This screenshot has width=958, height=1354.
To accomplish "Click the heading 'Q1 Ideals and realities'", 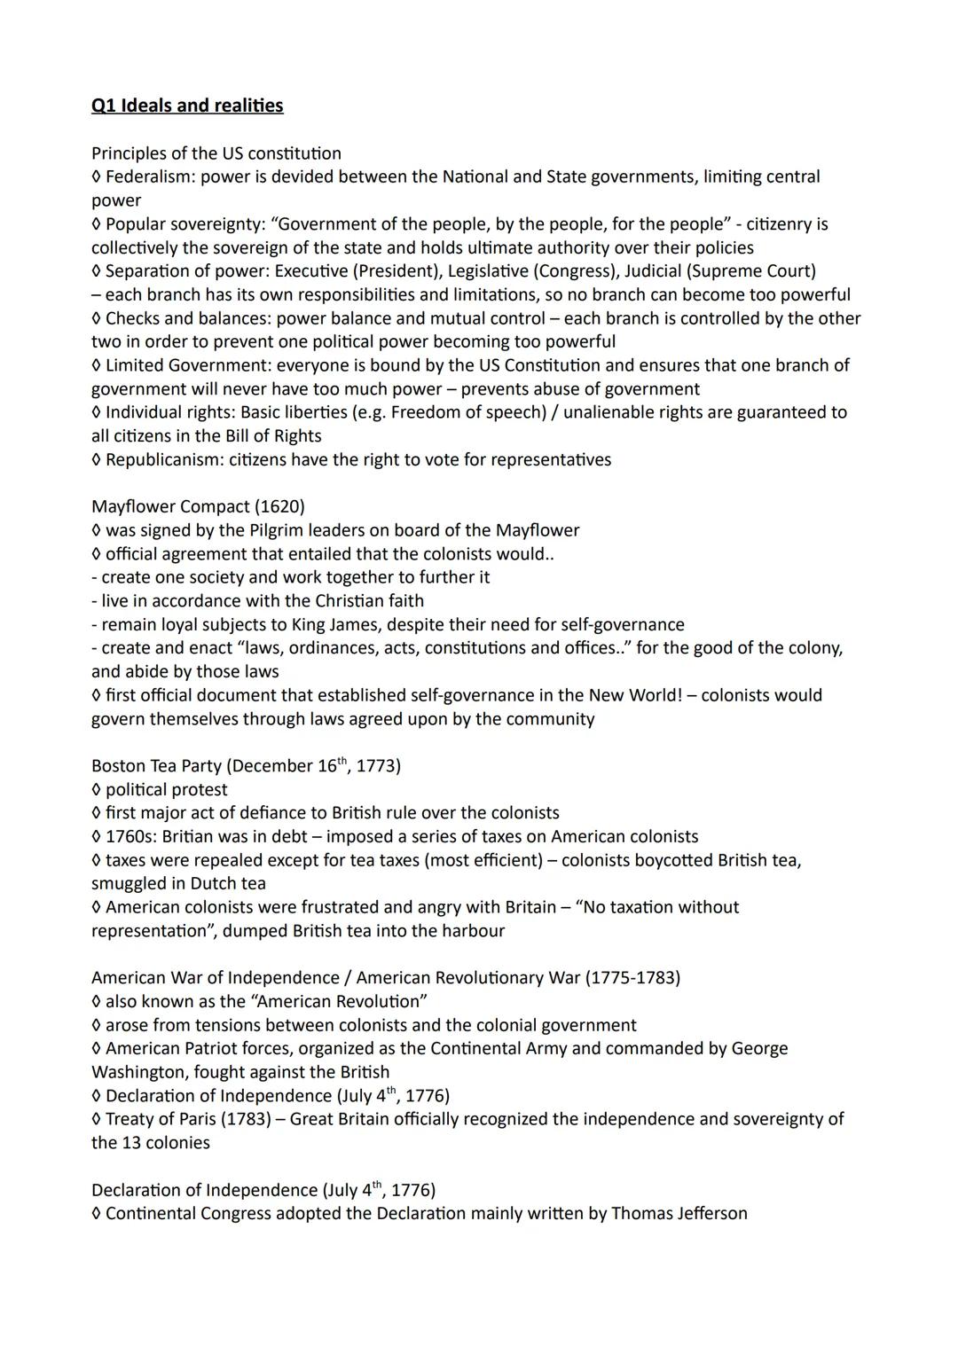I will pyautogui.click(x=187, y=106).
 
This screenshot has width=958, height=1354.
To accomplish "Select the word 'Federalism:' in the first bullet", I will pyautogui.click(x=150, y=176).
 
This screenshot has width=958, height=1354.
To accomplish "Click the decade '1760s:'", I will pyautogui.click(x=131, y=836).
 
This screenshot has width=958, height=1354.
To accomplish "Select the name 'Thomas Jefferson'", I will pyautogui.click(x=679, y=1213).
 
